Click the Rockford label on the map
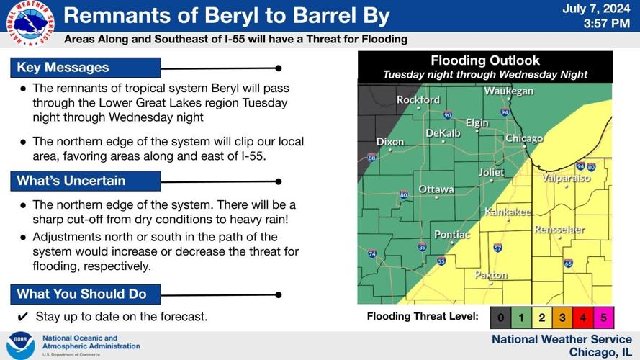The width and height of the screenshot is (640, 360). tap(418, 100)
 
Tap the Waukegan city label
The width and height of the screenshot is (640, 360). tap(508, 91)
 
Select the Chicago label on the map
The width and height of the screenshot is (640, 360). tap(523, 138)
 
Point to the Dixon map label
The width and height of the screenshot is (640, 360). tap(389, 142)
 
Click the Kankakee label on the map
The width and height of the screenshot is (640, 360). tap(508, 212)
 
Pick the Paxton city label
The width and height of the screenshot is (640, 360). tap(491, 275)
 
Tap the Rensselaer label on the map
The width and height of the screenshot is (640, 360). tap(559, 230)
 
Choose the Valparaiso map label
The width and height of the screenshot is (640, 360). tap(566, 178)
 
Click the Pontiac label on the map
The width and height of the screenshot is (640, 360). tap(451, 235)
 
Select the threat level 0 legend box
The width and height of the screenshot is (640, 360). tap(500, 316)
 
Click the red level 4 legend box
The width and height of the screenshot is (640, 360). tap(582, 316)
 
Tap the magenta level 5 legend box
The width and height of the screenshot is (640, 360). tap(603, 316)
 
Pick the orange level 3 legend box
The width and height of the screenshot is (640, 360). tap(562, 316)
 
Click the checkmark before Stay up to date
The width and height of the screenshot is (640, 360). tap(22, 317)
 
